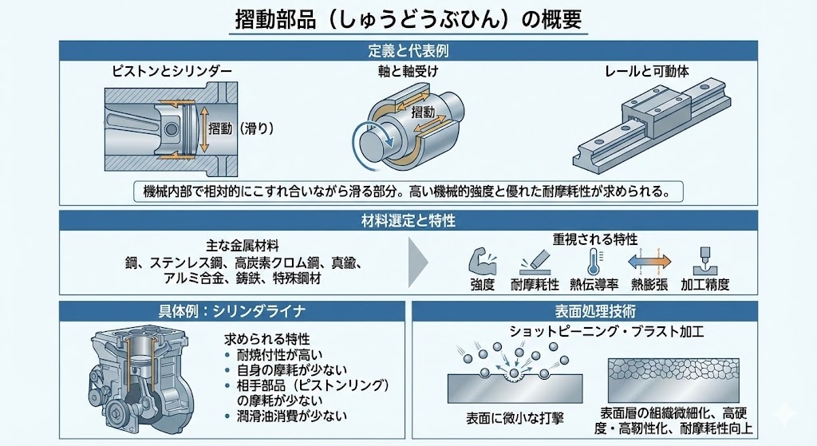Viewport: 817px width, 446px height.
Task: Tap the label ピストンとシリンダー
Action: point(172,72)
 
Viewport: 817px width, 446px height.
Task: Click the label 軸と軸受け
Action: point(408,72)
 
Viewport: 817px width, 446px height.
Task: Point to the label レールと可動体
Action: point(647,72)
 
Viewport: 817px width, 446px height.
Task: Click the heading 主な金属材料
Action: point(240,245)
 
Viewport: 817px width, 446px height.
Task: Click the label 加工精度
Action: point(705,284)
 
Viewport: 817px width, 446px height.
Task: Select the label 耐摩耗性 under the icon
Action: point(535,284)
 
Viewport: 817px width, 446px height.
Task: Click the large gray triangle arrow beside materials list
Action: point(421,262)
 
